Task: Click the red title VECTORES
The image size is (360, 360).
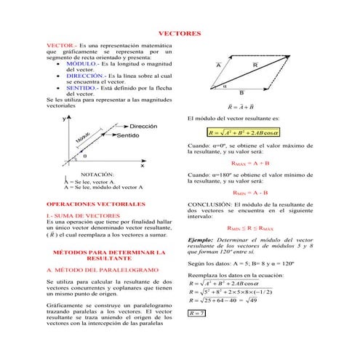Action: pyautogui.click(x=179, y=33)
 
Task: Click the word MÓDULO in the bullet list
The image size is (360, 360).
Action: pyautogui.click(x=80, y=64)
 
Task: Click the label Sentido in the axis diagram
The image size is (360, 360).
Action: pyautogui.click(x=128, y=135)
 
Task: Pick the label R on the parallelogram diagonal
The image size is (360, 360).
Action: pyautogui.click(x=255, y=65)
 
